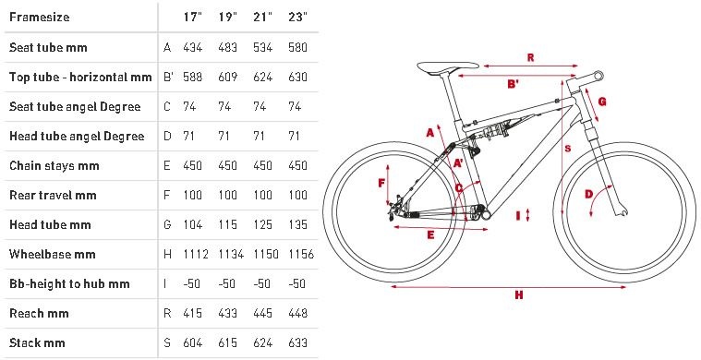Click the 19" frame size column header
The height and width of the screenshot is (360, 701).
click(x=227, y=17)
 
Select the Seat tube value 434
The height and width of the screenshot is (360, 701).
click(x=193, y=47)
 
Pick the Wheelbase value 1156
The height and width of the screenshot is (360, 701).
click(x=301, y=254)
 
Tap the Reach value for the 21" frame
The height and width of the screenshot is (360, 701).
click(x=262, y=313)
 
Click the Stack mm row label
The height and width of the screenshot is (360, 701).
click(x=38, y=343)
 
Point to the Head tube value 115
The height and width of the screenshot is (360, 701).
click(x=227, y=224)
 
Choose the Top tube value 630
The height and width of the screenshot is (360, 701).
click(x=297, y=77)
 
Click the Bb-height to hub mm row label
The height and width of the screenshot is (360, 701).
click(x=69, y=283)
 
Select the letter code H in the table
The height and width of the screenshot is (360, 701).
click(x=167, y=254)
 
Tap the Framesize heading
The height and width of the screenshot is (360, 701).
click(x=40, y=17)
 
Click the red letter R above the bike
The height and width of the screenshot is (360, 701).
click(x=531, y=57)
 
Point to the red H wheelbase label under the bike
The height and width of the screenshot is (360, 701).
click(x=519, y=294)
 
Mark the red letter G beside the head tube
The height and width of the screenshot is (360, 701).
click(x=602, y=102)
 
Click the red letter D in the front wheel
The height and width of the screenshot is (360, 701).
click(x=589, y=194)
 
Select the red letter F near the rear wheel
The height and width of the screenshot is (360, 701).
click(x=381, y=183)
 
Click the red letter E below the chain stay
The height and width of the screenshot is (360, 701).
click(x=430, y=235)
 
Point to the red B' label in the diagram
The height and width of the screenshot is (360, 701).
click(x=514, y=83)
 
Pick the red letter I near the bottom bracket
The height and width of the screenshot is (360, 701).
click(x=519, y=216)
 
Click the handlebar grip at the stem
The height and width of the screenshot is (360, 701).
click(x=598, y=76)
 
